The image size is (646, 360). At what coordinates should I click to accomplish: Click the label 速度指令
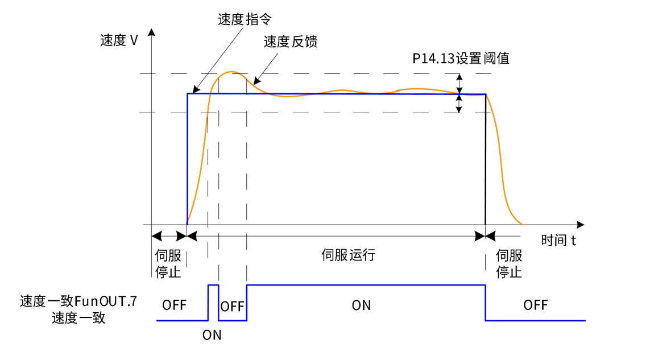coord(245,19)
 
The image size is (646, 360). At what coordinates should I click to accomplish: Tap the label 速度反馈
coord(290,42)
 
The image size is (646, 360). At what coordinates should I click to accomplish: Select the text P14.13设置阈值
coord(461,58)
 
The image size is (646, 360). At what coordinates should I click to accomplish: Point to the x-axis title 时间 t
coord(558,240)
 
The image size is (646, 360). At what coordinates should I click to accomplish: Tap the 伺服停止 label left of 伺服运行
coord(168,263)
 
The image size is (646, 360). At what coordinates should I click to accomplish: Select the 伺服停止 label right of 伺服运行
coord(509,263)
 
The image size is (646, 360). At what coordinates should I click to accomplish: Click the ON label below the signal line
coord(212,335)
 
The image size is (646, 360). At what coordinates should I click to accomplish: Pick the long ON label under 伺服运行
coord(361,305)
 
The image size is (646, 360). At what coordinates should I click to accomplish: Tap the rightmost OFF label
coord(535,305)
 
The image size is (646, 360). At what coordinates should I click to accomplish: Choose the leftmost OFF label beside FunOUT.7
coord(174,305)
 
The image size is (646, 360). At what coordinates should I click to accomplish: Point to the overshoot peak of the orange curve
coord(231,72)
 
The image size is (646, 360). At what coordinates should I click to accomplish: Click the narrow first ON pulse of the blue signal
coord(213,285)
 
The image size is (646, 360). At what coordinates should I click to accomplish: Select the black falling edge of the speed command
coord(485,159)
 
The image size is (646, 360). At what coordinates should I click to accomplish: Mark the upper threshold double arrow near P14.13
coord(460,84)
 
